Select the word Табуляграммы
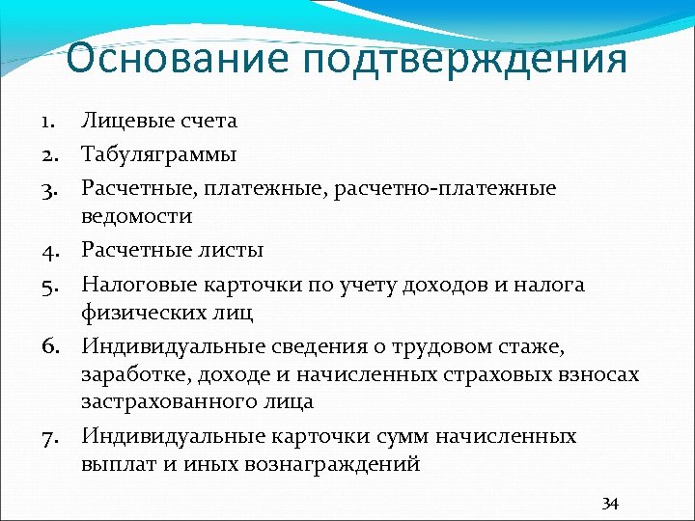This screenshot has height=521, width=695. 158,154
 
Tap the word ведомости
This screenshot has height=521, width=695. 137,215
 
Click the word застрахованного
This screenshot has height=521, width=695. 161,400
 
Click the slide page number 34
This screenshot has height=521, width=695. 610,503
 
